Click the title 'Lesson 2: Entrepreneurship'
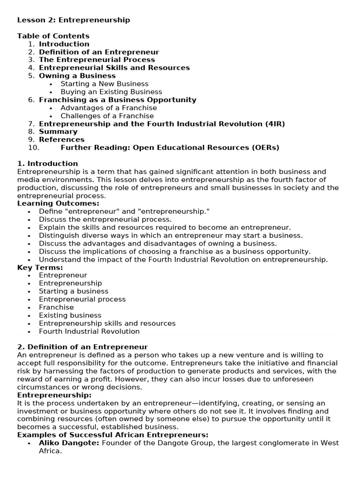click(74, 20)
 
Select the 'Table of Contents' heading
click(53, 36)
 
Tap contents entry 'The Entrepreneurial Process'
click(97, 60)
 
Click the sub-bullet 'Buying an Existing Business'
click(111, 92)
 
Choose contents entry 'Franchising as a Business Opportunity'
click(117, 100)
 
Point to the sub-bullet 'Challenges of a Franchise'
click(107, 116)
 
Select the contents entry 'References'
click(61, 140)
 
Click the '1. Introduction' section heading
click(47, 164)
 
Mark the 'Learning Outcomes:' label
click(58, 203)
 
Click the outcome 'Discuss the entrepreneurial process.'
click(105, 219)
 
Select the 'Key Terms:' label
click(40, 267)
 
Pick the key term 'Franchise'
click(56, 307)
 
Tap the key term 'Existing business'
click(70, 315)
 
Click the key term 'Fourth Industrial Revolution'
click(89, 331)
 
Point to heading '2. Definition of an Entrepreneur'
click(82, 347)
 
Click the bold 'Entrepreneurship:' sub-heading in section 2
click(50, 395)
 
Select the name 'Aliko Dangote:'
click(69, 443)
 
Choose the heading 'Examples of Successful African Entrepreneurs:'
click(112, 435)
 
